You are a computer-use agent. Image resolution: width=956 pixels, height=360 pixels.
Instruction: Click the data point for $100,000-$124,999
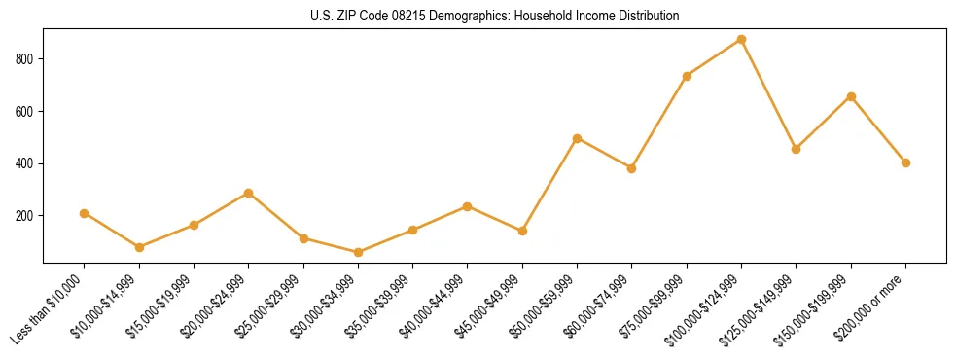pos(741,40)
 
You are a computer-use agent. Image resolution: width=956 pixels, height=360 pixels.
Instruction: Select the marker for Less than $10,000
pos(85,213)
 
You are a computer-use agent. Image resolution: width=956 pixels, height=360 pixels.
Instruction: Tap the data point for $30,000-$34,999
pos(359,252)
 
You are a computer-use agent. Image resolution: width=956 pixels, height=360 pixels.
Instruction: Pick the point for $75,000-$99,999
pos(687,76)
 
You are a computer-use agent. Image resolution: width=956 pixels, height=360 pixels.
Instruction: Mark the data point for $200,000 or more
pos(905,162)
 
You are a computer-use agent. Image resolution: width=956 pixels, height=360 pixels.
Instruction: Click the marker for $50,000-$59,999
pos(577,138)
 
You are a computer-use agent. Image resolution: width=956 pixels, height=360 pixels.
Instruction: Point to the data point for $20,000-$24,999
pos(249,193)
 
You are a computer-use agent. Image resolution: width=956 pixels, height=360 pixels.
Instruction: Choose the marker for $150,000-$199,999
pos(851,96)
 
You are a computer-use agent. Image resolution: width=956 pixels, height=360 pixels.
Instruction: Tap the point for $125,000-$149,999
pos(796,149)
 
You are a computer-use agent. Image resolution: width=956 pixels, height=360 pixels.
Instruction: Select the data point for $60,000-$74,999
pos(632,168)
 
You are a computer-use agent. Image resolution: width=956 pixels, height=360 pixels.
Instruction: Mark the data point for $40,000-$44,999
pos(468,206)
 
